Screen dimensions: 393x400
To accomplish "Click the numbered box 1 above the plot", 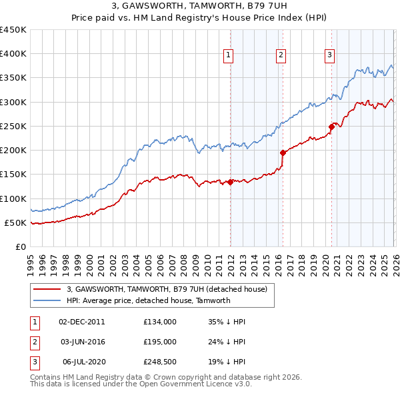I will tap(229, 55).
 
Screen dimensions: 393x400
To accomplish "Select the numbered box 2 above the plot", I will tap(281, 55).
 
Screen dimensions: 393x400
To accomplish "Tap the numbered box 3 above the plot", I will tap(329, 55).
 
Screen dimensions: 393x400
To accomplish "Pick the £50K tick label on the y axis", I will tap(16, 222).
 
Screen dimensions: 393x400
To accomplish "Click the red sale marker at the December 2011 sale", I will tap(230, 182).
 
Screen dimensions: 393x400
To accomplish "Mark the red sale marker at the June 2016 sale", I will tap(283, 153).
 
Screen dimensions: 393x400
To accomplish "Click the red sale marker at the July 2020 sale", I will tap(331, 127).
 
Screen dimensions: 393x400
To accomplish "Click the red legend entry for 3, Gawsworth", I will tap(167, 289).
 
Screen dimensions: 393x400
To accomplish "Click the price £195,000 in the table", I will tap(159, 342).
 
